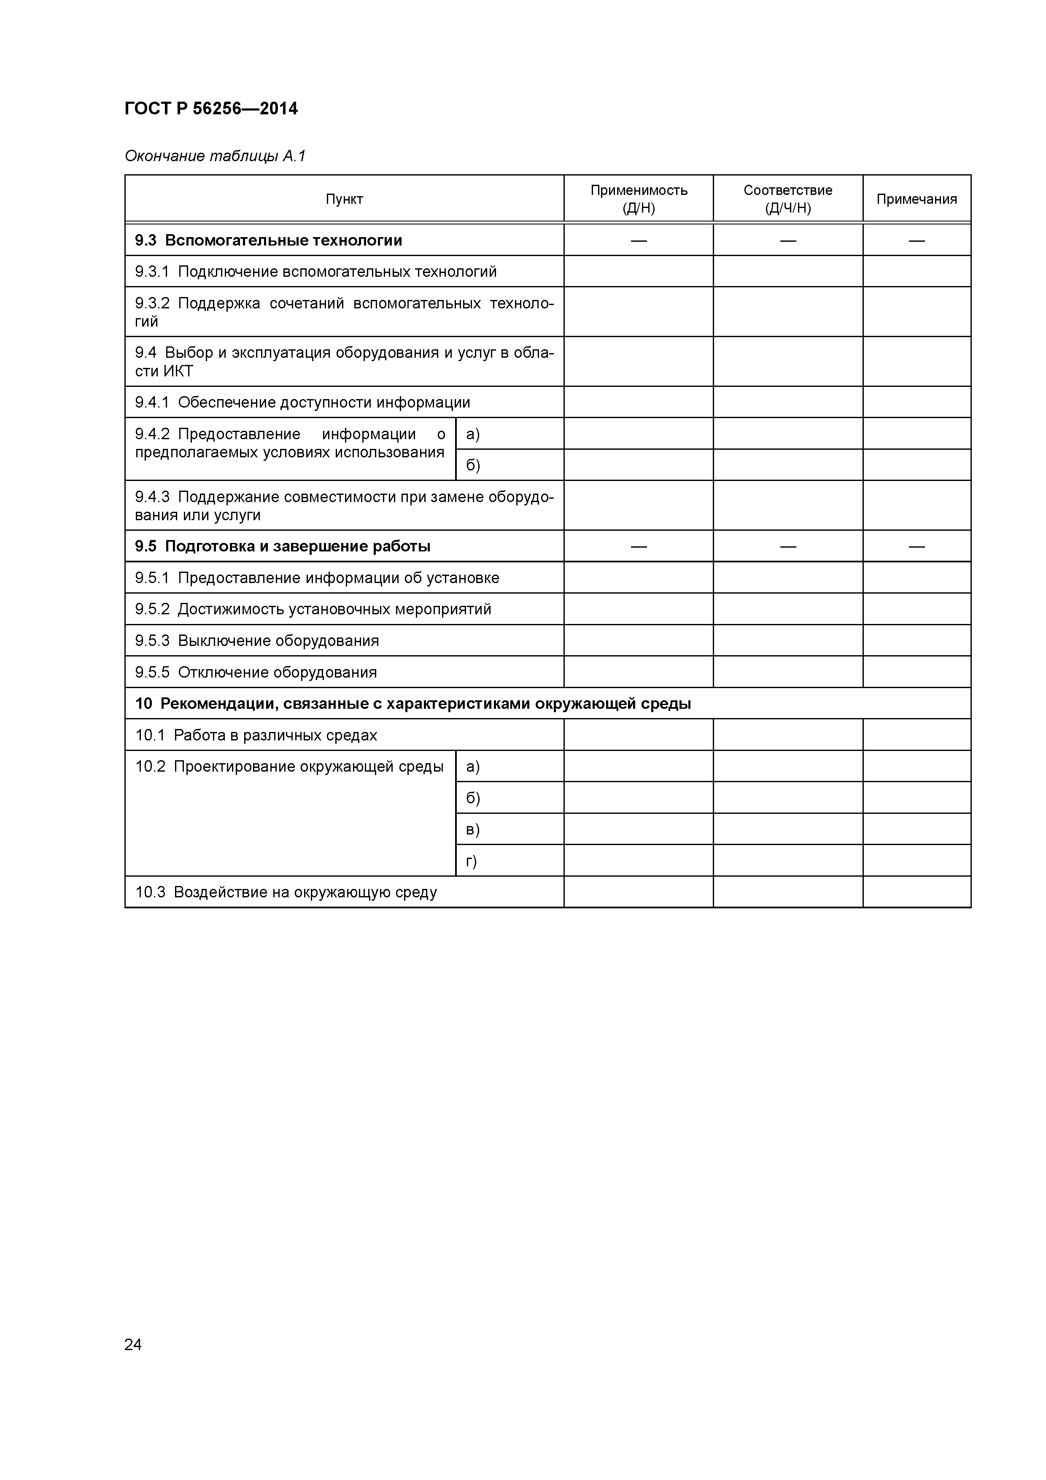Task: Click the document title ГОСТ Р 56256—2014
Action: pyautogui.click(x=211, y=109)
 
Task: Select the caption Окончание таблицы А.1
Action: pyautogui.click(x=215, y=156)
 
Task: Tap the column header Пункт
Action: pyautogui.click(x=344, y=199)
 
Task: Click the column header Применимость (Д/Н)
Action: pyautogui.click(x=639, y=199)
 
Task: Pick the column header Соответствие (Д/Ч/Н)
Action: pyautogui.click(x=787, y=199)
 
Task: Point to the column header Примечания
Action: pyautogui.click(x=917, y=199)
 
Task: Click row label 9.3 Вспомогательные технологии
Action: pyautogui.click(x=268, y=240)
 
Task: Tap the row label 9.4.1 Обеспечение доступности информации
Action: pyautogui.click(x=302, y=403)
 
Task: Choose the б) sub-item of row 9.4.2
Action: pyautogui.click(x=473, y=465)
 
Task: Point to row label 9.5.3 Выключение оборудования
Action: pyautogui.click(x=256, y=641)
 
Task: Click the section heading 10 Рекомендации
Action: pyautogui.click(x=412, y=704)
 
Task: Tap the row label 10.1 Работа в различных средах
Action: pyautogui.click(x=256, y=735)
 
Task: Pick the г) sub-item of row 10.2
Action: pyautogui.click(x=472, y=861)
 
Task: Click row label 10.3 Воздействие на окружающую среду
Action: pyautogui.click(x=286, y=893)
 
